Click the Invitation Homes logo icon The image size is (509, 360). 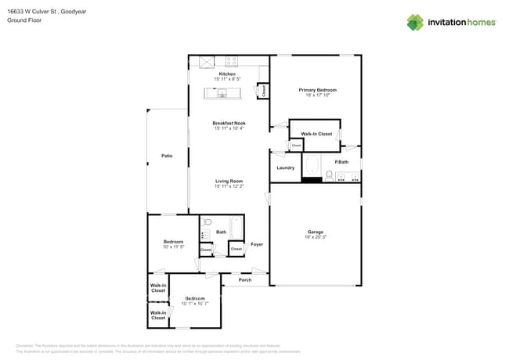point(415,23)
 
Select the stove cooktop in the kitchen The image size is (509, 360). point(232,61)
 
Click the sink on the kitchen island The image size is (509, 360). point(222,94)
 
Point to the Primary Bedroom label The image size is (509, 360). point(317,90)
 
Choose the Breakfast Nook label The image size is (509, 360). point(229,123)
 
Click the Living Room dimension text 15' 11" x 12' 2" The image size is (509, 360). point(229,186)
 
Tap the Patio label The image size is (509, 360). point(167,157)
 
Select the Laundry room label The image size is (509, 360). point(285,167)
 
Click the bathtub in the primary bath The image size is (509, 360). point(312,166)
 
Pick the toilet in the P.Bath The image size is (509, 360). point(330,175)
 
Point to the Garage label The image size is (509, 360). point(315,232)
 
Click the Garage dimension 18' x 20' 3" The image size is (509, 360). point(315,237)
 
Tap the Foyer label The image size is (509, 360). point(256,245)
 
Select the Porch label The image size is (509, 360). point(245,279)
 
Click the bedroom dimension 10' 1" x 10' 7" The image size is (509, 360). point(195,304)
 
